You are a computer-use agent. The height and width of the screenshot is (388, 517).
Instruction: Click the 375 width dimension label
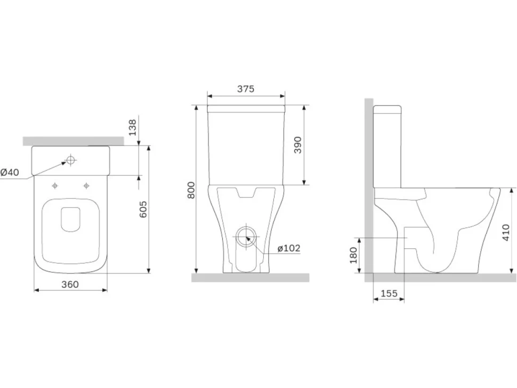click(246, 88)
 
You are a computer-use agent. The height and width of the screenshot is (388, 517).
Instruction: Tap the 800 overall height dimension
click(191, 190)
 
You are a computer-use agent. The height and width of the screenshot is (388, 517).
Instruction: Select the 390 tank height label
click(298, 145)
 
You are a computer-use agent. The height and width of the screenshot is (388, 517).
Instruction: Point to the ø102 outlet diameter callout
click(288, 248)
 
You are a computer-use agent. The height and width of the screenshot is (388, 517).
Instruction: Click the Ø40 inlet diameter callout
click(10, 172)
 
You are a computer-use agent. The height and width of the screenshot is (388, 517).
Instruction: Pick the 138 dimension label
click(132, 127)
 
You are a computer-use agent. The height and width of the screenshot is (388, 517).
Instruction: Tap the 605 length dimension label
click(143, 209)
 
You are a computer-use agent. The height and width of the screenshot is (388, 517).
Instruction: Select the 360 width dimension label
click(70, 284)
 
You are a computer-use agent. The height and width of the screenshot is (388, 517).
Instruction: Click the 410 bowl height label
click(506, 232)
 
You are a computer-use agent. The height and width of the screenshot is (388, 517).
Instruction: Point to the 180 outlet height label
click(353, 255)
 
